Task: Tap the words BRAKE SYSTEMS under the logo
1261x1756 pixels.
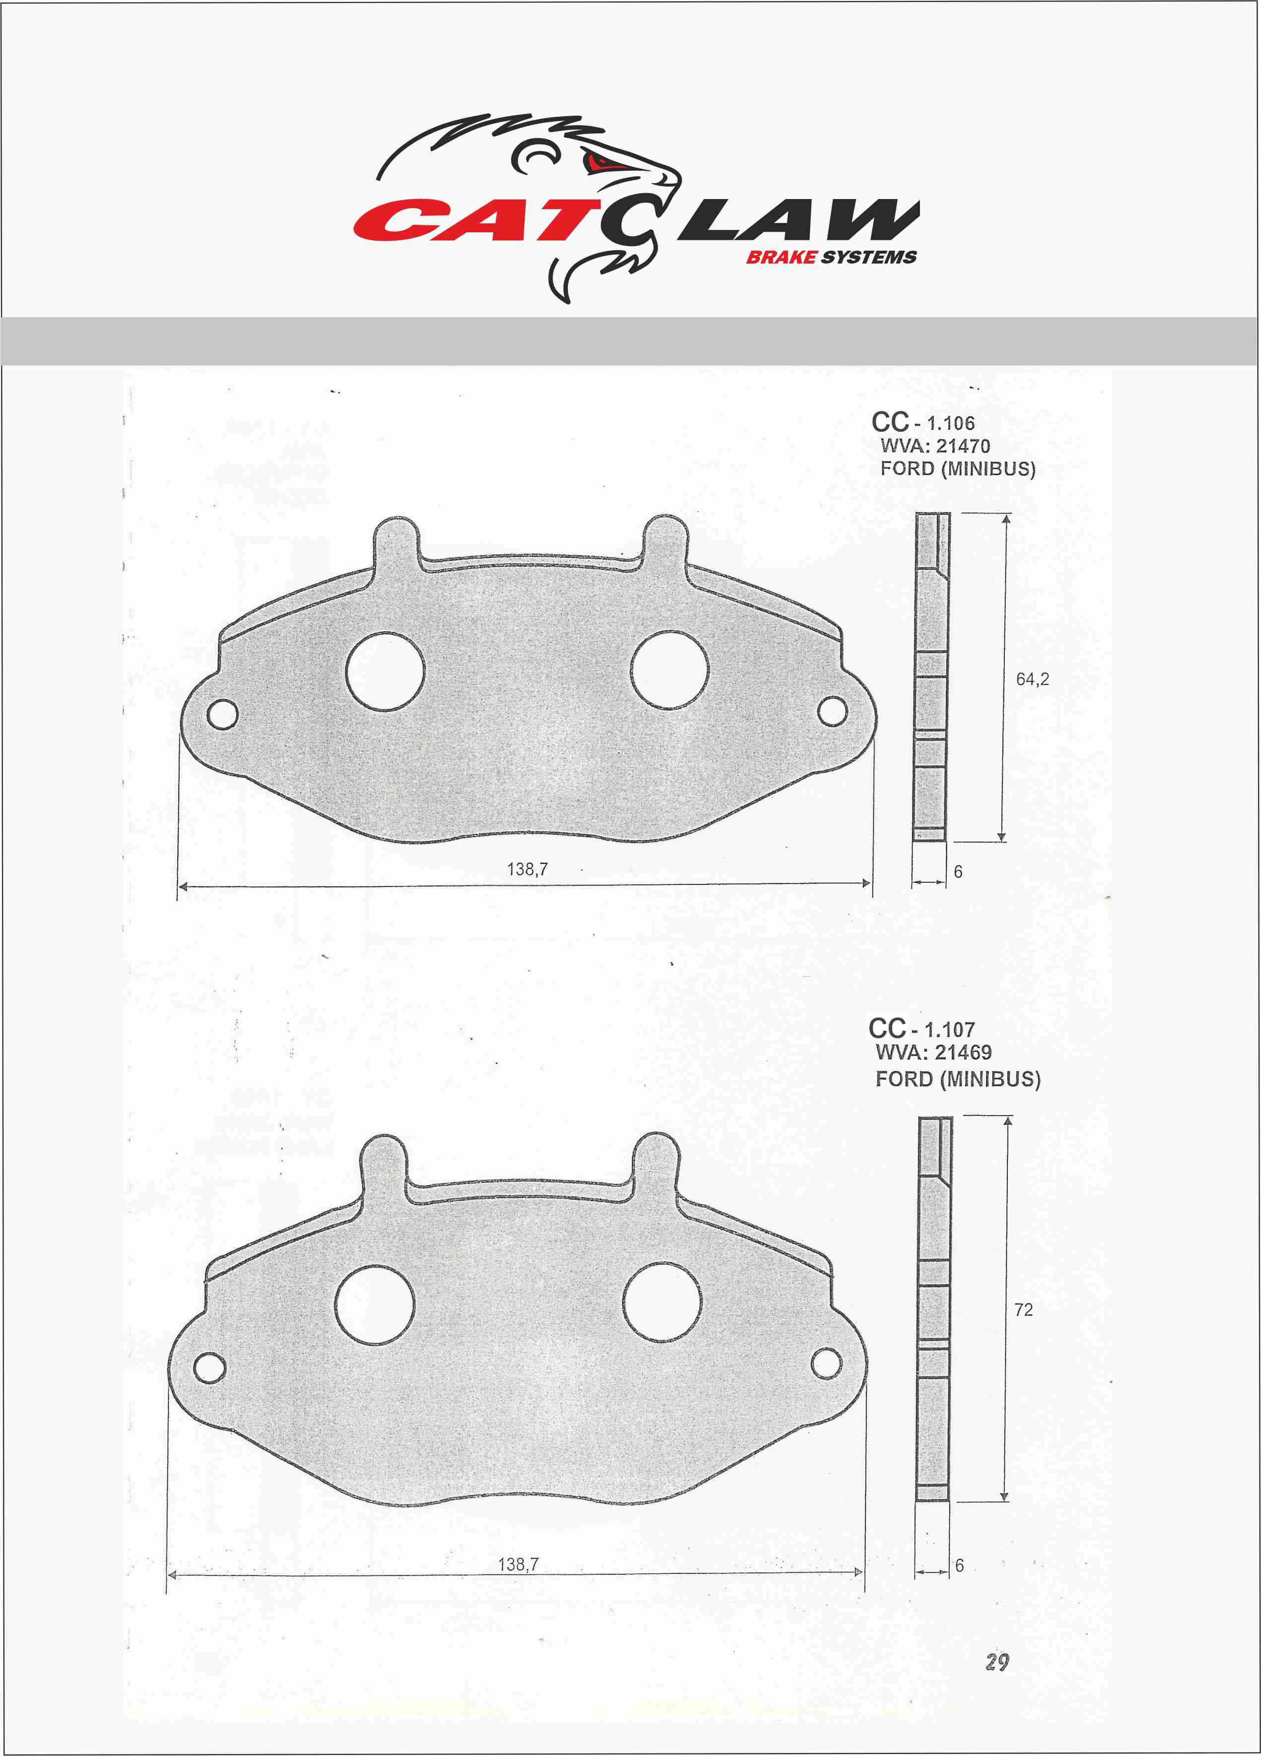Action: click(x=831, y=258)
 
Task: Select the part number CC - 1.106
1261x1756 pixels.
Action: click(x=922, y=422)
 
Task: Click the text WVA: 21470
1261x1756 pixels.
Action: click(x=935, y=446)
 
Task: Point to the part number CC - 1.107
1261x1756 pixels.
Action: click(x=921, y=1029)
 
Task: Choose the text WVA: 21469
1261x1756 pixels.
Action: click(x=933, y=1052)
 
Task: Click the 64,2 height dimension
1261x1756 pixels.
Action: click(x=1033, y=679)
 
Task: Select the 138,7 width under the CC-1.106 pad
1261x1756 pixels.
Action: click(x=527, y=870)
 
